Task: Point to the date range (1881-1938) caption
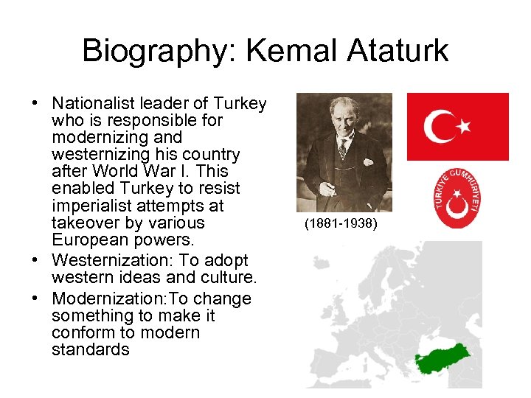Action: point(340,223)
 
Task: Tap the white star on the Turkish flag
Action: point(464,126)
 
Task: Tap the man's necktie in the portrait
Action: point(342,148)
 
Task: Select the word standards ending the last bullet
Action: point(90,349)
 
